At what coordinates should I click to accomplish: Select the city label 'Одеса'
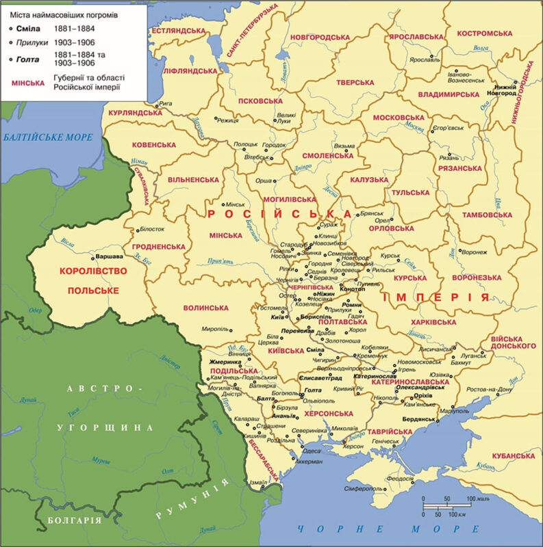click(311, 451)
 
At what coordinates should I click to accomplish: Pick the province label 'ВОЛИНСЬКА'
click(205, 308)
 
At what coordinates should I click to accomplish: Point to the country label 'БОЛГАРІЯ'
click(75, 521)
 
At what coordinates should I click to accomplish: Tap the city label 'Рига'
click(165, 105)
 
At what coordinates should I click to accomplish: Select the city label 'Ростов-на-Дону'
click(487, 389)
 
